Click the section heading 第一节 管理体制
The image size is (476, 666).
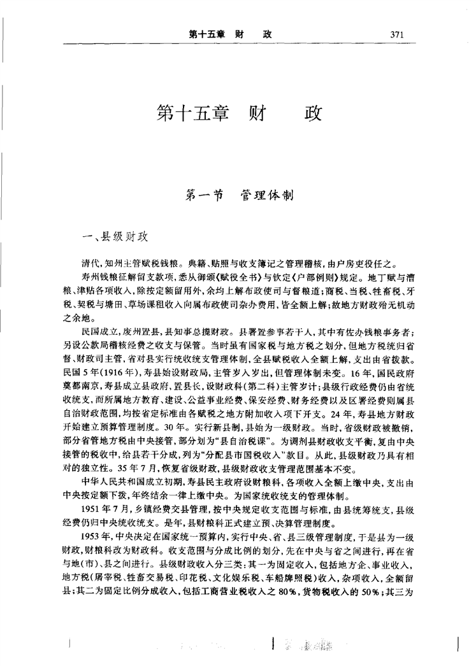pos(238,195)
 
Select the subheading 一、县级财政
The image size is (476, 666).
pos(111,236)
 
